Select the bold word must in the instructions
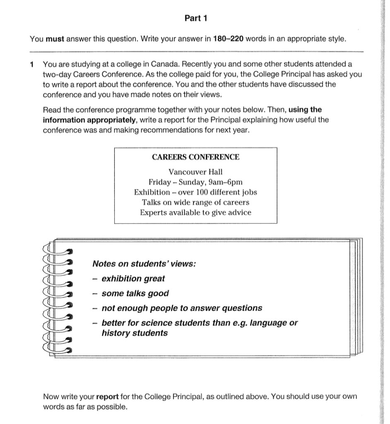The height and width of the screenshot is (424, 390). [53, 39]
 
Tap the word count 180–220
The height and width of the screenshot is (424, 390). [227, 39]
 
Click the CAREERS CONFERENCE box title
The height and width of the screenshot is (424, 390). [195, 157]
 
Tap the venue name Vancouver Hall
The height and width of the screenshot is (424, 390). [195, 172]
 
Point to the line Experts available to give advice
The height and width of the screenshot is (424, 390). [195, 213]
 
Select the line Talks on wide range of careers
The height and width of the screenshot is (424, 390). [195, 202]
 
